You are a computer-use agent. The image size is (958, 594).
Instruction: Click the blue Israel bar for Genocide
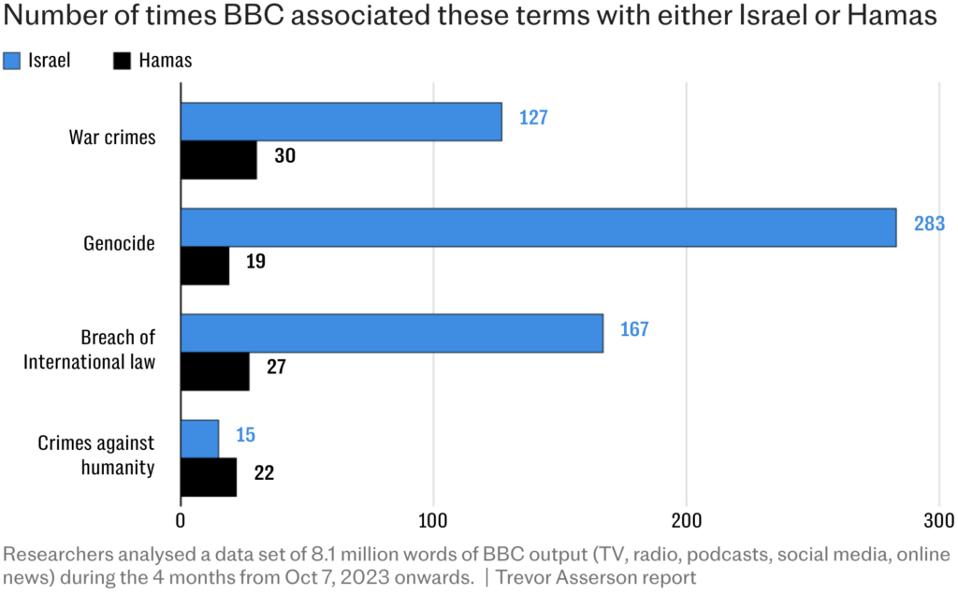coord(538,227)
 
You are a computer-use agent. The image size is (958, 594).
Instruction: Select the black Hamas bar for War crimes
coord(218,160)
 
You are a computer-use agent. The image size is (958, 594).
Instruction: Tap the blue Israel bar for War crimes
coord(341,122)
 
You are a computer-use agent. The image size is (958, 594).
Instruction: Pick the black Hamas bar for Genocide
coord(204,266)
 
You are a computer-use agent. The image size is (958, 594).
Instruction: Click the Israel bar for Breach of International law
coord(391,333)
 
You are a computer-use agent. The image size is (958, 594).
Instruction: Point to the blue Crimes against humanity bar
coord(199,439)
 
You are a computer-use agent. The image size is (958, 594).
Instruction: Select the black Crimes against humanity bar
coord(208,477)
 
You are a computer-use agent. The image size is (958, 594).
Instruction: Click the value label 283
coord(929,225)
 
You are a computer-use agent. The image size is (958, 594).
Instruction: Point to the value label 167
coord(632,329)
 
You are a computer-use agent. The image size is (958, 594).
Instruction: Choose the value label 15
coord(245,435)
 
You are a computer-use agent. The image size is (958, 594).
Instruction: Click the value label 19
coord(255,261)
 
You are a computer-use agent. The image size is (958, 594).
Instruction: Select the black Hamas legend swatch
coord(121,61)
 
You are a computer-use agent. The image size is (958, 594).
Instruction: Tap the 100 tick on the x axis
coord(432,520)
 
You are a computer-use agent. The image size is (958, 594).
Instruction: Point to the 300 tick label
coord(938,520)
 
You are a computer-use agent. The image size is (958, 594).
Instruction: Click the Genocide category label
coord(118,244)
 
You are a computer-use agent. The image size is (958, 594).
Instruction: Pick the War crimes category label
coord(112,138)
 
